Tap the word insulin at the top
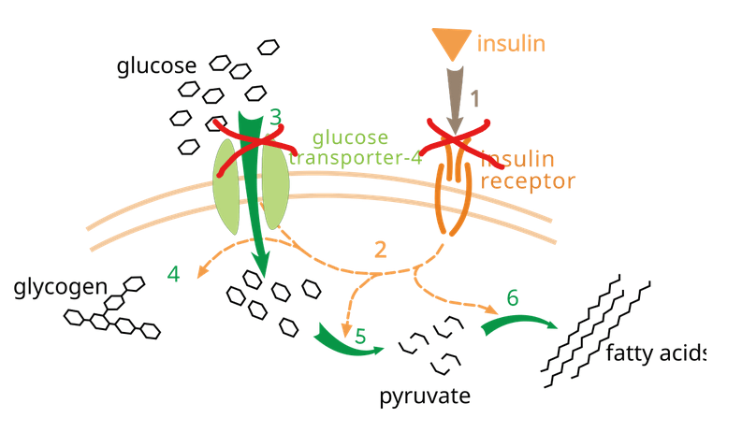tap(511, 43)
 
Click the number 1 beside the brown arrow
tap(474, 97)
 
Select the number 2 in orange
tap(380, 250)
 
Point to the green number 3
tap(275, 117)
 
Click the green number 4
tap(173, 274)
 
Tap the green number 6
tap(512, 297)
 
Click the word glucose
tap(156, 66)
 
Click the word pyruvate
tap(424, 396)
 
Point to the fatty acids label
tap(655, 353)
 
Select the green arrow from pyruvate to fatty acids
tap(517, 324)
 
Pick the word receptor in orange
tap(528, 180)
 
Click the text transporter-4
tap(356, 157)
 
